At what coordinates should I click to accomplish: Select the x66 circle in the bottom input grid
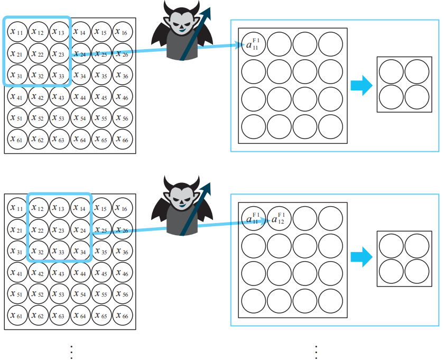coord(123,316)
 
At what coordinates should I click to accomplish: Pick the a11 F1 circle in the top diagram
coord(253,45)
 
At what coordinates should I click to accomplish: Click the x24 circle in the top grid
coord(81,54)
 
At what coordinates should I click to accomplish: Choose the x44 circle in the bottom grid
coord(81,273)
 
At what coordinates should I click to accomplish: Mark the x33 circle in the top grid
coord(60,76)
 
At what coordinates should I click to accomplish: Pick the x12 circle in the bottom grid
coord(39,208)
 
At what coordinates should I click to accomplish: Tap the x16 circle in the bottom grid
coord(123,208)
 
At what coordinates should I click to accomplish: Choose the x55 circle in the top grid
coord(102,118)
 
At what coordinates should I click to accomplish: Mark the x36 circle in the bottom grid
coord(123,251)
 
